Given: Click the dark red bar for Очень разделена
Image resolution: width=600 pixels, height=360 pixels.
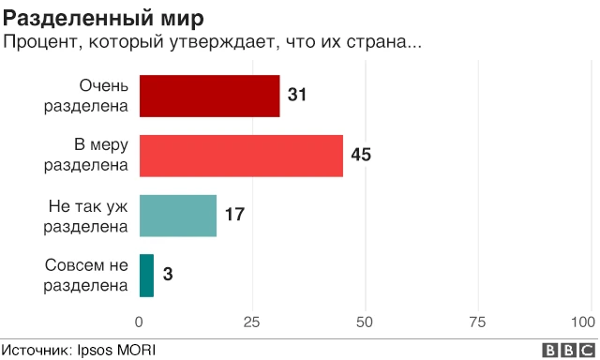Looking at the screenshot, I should coord(210,96).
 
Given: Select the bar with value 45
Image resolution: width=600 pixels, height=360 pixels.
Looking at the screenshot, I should coord(241,156).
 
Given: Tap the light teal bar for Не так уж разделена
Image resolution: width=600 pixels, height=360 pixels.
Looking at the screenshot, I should coord(178,216).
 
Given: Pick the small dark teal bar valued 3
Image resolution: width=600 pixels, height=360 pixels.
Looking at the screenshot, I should coord(146,275).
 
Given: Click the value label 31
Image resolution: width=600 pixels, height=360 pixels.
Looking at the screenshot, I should coord(298,96).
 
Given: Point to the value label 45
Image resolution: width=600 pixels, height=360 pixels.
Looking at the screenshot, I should coord(361,156).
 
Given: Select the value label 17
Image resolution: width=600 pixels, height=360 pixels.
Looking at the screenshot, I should coord(234,216).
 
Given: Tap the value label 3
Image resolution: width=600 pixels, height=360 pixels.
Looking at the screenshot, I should coord(168,275).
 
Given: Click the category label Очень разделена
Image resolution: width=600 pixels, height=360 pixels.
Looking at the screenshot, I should coord(86,96).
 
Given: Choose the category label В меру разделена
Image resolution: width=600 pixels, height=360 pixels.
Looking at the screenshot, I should coord(86,156).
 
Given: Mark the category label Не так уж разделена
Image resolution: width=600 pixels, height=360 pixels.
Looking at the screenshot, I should coord(86,216).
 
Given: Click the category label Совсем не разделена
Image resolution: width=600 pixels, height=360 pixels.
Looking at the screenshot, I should coord(86,275).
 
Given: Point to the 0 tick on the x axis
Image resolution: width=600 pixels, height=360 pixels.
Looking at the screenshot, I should coord(140,322).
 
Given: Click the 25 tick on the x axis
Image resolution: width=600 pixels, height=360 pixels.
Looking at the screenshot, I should coord(252,322).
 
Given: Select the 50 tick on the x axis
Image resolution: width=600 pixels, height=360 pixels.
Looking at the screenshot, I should coord(366,322).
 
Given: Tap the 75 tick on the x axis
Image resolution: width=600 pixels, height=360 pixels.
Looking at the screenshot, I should coord(478,322).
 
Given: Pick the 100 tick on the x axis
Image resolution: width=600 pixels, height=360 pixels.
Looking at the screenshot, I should coord(588,322).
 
